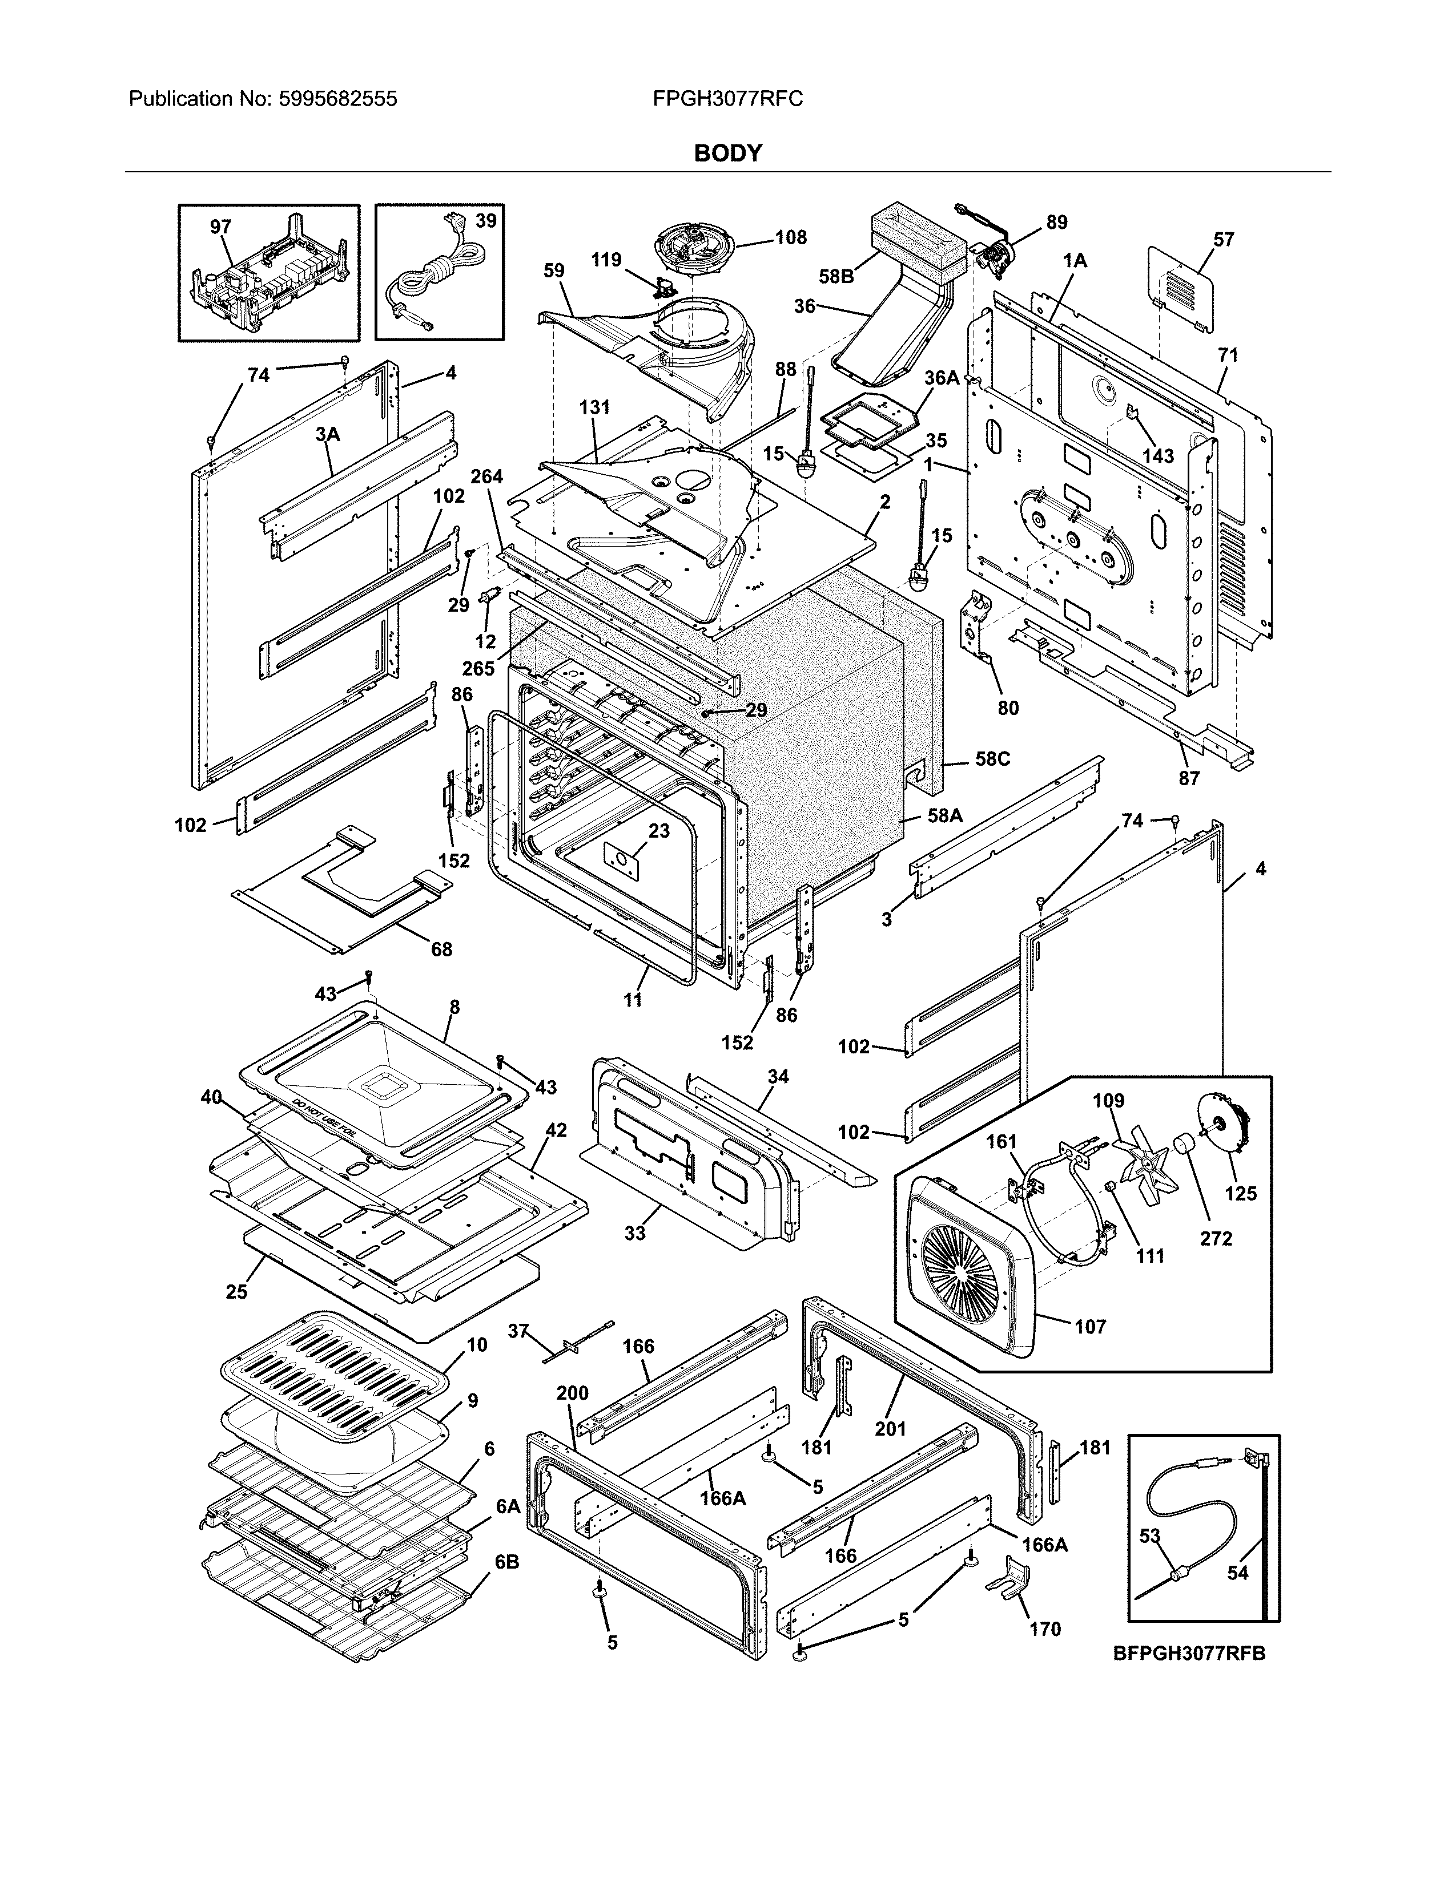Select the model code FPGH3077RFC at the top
(x=728, y=99)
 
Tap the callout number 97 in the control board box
(x=221, y=227)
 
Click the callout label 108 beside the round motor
(x=790, y=237)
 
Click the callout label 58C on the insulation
(x=992, y=759)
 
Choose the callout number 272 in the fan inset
(x=1216, y=1239)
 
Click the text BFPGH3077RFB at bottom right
(x=1189, y=1654)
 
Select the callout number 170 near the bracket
(x=1044, y=1629)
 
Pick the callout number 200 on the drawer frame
(x=572, y=1393)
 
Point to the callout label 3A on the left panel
(x=327, y=435)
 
